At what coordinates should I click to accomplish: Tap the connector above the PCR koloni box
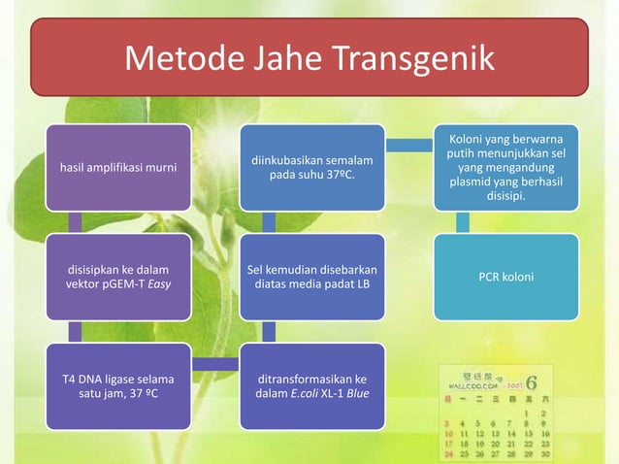[463, 221]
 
